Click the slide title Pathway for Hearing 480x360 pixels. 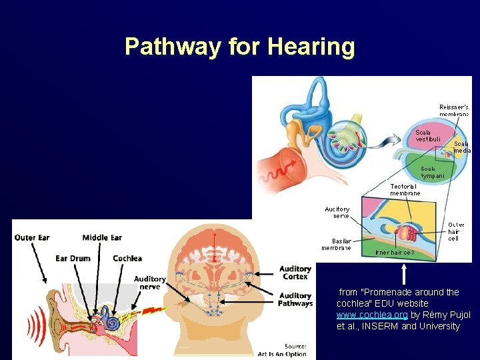pos(239,47)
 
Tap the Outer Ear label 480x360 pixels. pos(32,237)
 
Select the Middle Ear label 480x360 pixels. pos(102,237)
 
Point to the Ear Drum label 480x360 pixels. pos(73,258)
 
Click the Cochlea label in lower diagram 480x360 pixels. pos(127,258)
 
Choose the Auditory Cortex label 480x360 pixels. pos(294,273)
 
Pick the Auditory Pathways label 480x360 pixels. pos(295,299)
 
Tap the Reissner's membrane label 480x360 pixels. pos(454,110)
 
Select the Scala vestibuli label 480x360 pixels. pos(428,135)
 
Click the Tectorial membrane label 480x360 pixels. pos(405,189)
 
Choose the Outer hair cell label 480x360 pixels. pos(457,231)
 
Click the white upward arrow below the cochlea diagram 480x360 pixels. pos(403,273)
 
